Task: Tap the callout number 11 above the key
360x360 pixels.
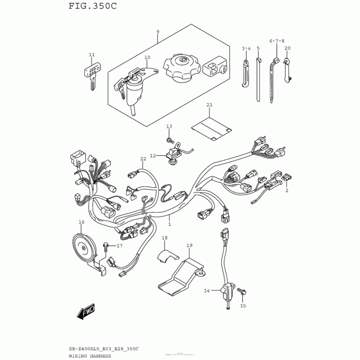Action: [92, 55]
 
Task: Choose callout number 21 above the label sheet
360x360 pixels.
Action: [209, 105]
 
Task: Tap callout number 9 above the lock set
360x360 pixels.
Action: [158, 31]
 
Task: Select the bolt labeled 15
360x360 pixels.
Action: [242, 293]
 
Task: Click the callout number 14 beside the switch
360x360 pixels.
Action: [207, 291]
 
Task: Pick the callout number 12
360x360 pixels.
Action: [153, 156]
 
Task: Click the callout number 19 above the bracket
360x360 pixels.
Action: [189, 245]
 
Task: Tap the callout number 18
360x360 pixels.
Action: [164, 238]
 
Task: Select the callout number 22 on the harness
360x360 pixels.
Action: [143, 159]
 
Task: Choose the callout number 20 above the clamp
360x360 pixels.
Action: [288, 48]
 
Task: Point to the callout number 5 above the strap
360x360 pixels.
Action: [258, 48]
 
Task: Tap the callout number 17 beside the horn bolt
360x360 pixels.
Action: [120, 246]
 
